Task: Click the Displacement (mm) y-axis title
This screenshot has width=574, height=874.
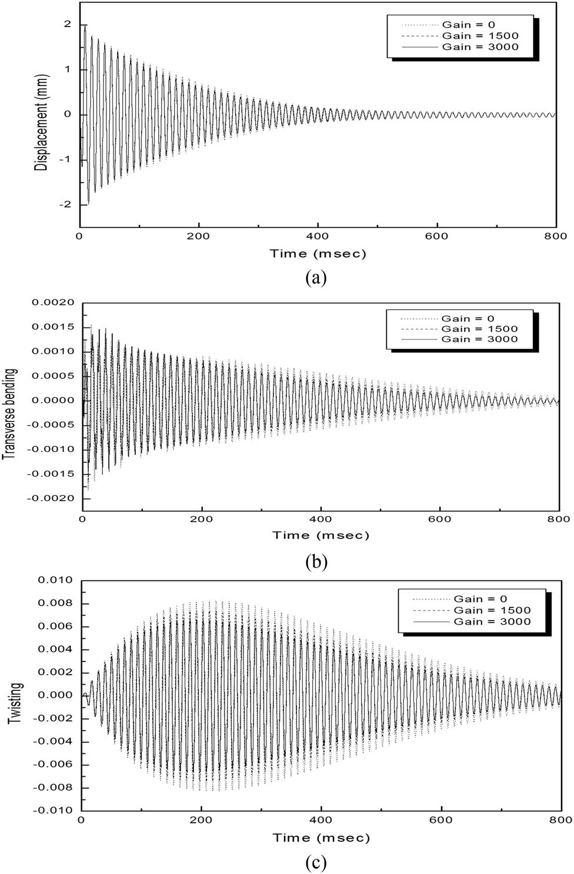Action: click(x=42, y=115)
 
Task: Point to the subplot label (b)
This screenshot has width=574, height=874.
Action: click(x=316, y=561)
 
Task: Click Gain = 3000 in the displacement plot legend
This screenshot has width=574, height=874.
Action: click(x=480, y=46)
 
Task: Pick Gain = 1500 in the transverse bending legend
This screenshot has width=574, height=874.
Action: click(x=480, y=329)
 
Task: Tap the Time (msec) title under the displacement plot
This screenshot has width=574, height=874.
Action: click(x=318, y=254)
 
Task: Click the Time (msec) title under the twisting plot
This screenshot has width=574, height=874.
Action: click(x=321, y=838)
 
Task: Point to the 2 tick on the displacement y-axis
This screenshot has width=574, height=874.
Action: click(x=68, y=24)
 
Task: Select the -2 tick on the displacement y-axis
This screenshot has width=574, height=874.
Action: click(x=65, y=204)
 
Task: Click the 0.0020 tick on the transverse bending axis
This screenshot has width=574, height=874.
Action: click(x=54, y=303)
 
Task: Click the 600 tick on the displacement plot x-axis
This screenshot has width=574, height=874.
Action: click(x=436, y=236)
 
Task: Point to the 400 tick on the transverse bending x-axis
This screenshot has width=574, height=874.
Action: click(x=321, y=519)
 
